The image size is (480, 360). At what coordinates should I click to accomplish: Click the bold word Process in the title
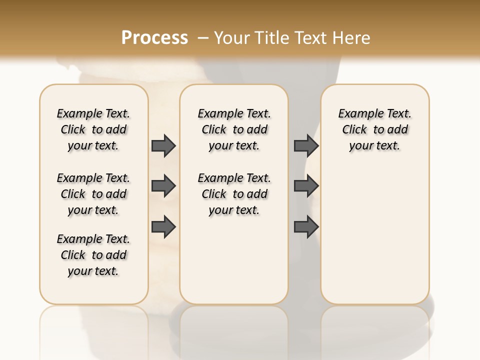[x=154, y=38]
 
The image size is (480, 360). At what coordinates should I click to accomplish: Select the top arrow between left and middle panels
[x=163, y=145]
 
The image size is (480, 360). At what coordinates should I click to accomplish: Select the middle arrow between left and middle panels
[x=163, y=186]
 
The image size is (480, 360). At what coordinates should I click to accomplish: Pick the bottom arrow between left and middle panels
[x=163, y=226]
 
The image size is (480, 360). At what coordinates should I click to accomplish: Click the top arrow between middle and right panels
[x=306, y=145]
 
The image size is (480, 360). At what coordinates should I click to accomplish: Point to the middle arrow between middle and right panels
[x=306, y=186]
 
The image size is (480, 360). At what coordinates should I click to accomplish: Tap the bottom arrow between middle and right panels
[x=306, y=226]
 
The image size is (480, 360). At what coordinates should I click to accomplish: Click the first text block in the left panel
[x=93, y=129]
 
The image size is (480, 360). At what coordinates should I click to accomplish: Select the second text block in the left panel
[x=93, y=194]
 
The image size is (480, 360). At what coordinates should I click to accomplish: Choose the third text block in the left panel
[x=93, y=255]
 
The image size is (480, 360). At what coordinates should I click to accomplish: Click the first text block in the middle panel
[x=234, y=129]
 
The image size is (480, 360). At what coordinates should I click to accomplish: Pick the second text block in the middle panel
[x=234, y=194]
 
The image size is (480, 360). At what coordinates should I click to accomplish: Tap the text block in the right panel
[x=375, y=129]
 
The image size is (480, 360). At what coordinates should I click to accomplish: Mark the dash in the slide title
[x=203, y=38]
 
